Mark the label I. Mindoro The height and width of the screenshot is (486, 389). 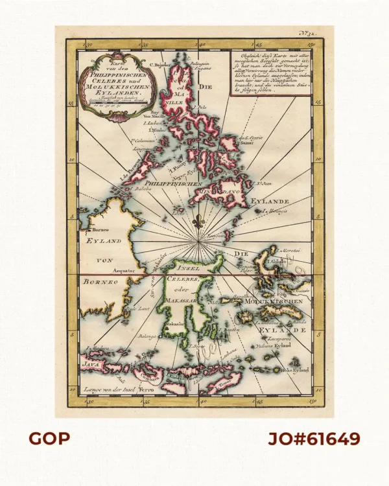click(x=154, y=130)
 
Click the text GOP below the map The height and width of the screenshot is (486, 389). click(x=49, y=439)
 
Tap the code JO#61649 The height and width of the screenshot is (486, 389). click(x=314, y=439)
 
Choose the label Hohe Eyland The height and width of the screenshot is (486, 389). click(x=296, y=370)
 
